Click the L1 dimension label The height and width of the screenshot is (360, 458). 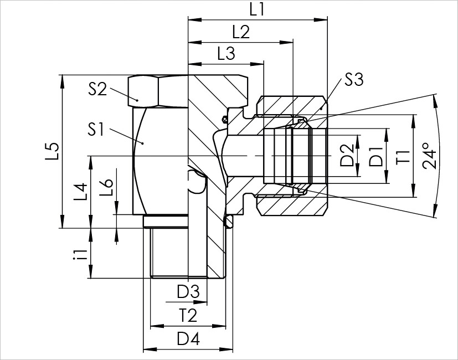257,9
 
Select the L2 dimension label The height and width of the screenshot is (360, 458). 241,32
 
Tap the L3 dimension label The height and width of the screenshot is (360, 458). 227,54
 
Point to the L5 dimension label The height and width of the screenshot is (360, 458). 53,151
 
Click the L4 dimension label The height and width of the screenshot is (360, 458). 81,192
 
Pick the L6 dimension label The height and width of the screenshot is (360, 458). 106,187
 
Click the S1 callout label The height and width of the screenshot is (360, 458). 96,130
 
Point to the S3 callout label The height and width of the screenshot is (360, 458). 354,80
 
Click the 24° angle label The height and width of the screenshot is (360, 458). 429,156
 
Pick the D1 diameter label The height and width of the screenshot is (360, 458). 376,156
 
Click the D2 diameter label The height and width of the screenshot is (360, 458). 348,156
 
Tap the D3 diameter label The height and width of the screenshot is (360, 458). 188,292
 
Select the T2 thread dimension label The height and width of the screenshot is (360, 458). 188,316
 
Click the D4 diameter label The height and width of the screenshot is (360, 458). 188,340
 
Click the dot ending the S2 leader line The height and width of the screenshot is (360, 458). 137,100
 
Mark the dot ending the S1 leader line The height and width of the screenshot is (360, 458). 142,143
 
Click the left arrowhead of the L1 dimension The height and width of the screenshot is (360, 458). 195,19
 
